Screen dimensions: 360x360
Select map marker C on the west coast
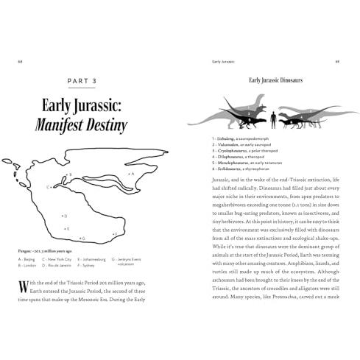point(49,187)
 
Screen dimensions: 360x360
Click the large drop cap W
point(26,289)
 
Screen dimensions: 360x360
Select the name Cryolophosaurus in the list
point(228,149)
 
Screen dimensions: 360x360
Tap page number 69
point(336,62)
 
